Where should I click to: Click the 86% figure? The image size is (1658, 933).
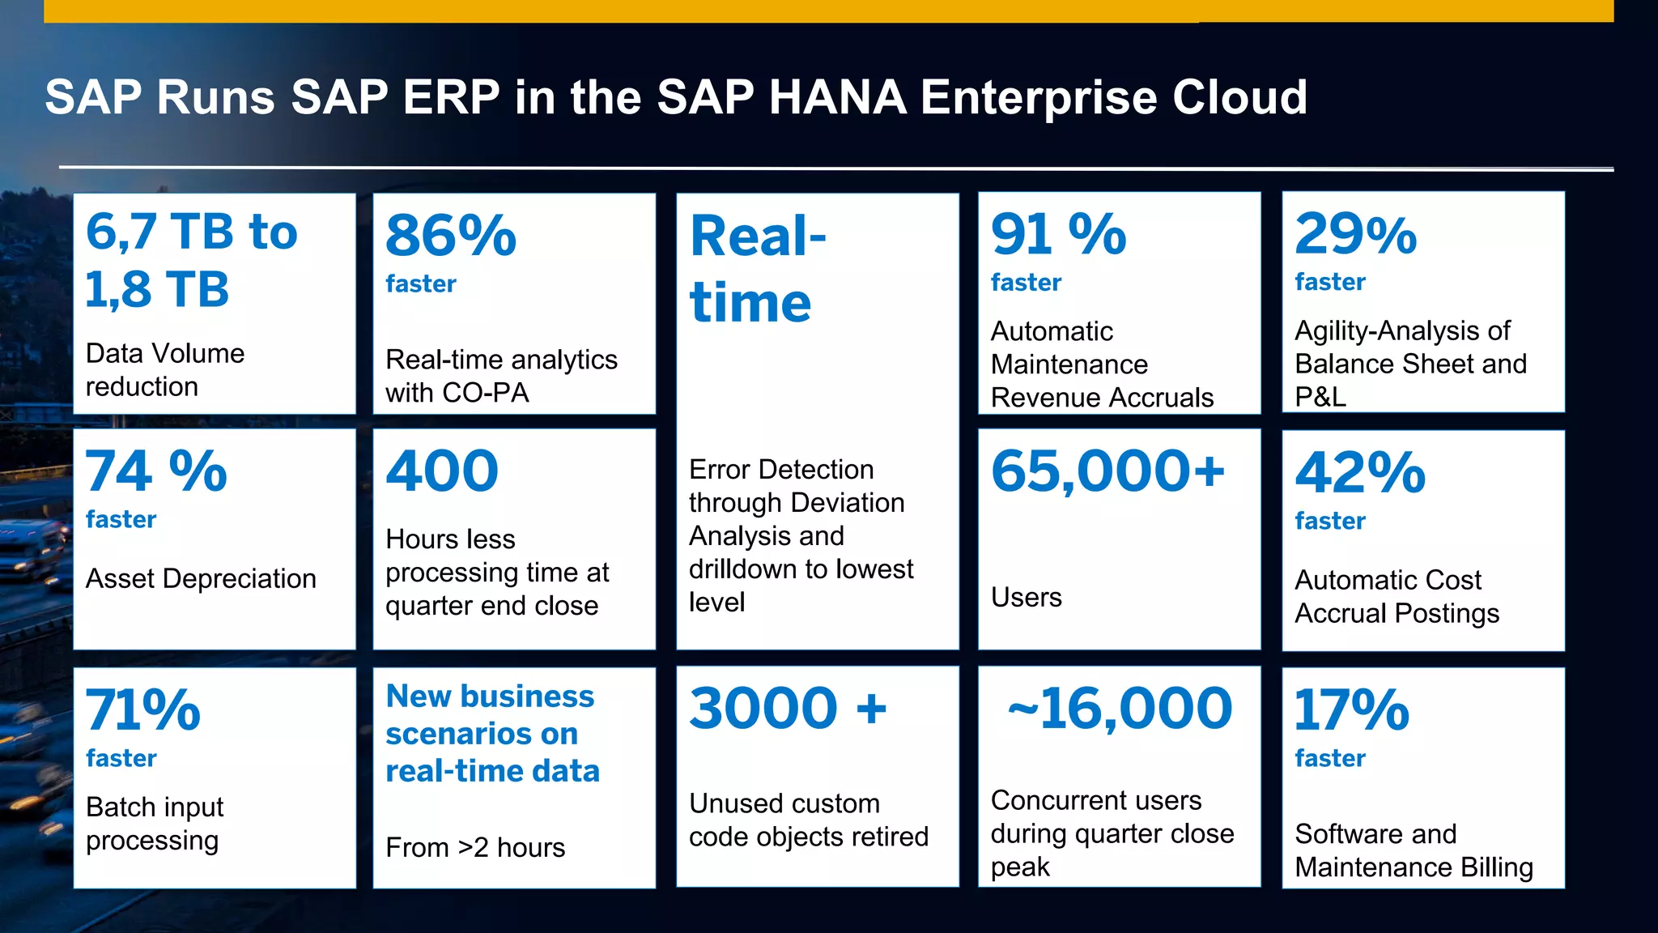coord(451,236)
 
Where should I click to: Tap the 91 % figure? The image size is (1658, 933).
coord(1058,234)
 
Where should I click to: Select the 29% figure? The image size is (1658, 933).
coord(1356,234)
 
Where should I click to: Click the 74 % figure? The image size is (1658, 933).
coord(156,471)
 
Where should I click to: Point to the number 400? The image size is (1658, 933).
coord(442,471)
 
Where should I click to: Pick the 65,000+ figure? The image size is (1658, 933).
coord(1107,471)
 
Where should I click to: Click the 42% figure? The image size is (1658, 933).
coord(1360,473)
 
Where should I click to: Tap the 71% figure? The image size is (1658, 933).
coord(143,709)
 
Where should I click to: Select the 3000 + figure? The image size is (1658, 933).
coord(788,708)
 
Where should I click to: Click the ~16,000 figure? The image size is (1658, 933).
coord(1120,708)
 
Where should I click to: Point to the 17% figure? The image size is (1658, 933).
coord(1351,709)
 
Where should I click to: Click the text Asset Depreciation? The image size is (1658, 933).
coord(201,578)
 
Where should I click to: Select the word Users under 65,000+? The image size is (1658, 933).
coord(1026,597)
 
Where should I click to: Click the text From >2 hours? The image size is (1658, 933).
coord(475,847)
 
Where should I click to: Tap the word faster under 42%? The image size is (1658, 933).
coord(1329,521)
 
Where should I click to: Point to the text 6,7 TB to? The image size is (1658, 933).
coord(192,232)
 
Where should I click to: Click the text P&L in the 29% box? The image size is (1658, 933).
coord(1320,397)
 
